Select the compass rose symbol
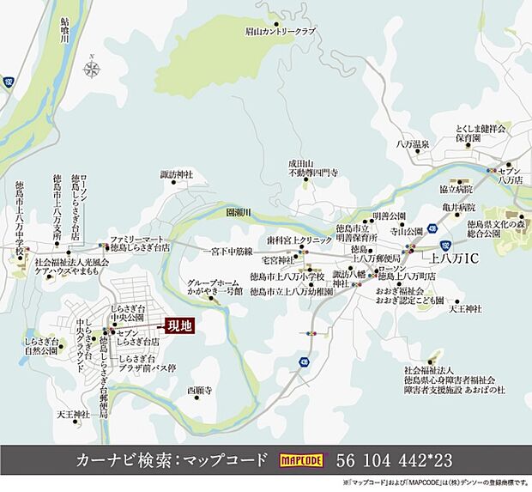(x=92, y=68)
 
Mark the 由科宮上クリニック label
(x=299, y=241)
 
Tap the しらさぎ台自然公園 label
(x=42, y=347)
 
